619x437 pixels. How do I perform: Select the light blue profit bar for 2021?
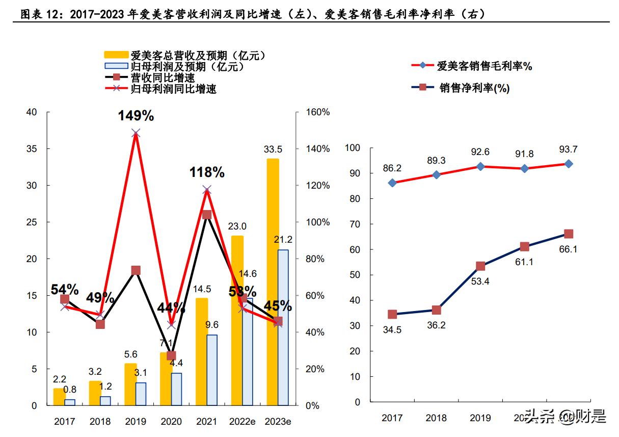(x=212, y=370)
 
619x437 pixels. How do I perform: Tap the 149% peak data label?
(x=136, y=116)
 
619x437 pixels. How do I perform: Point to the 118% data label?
(x=207, y=172)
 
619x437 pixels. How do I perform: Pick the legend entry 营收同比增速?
(x=163, y=78)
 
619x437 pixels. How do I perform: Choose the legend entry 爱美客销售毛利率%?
(x=484, y=65)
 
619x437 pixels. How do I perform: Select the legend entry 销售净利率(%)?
(x=474, y=88)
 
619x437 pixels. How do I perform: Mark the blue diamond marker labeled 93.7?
(x=569, y=164)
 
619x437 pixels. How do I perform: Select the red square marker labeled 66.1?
(x=569, y=234)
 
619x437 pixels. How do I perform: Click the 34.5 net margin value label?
(x=392, y=330)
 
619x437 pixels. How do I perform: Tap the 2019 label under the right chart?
(x=480, y=418)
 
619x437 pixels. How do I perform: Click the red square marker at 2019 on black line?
(x=136, y=270)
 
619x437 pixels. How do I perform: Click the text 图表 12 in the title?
(x=40, y=14)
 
